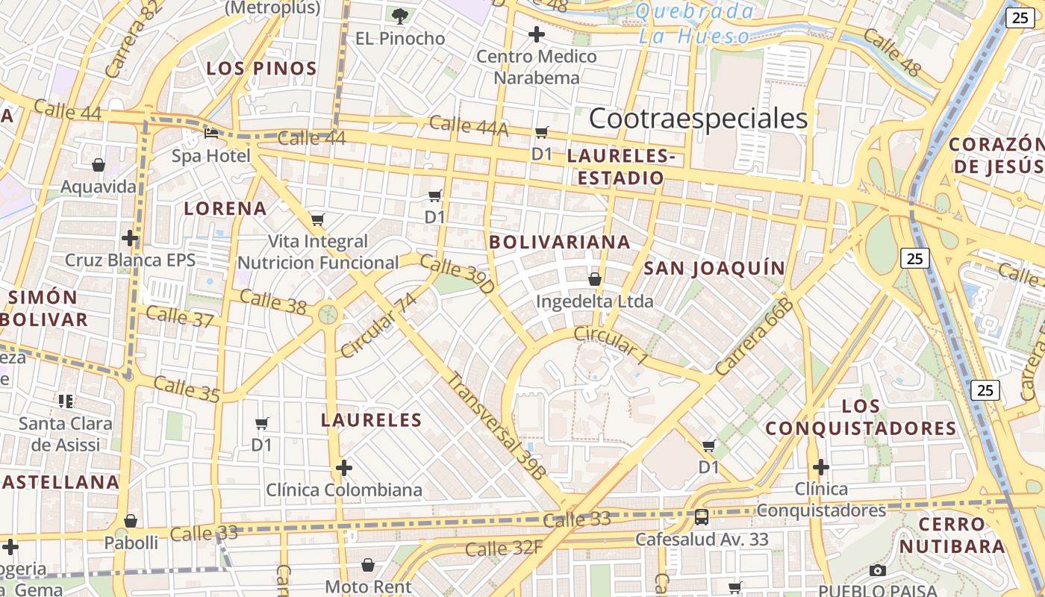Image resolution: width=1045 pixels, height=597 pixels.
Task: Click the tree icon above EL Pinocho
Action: (400, 16)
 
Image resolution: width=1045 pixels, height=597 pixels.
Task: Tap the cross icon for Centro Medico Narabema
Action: (536, 34)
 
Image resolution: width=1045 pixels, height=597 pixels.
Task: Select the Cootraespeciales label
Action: (698, 119)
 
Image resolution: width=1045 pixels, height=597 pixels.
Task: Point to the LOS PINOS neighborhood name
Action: (261, 69)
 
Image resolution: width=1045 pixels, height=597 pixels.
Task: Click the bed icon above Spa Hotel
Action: (211, 134)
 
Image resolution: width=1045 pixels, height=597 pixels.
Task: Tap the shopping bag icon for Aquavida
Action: (98, 165)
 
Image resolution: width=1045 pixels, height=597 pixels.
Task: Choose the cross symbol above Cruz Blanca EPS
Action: (130, 238)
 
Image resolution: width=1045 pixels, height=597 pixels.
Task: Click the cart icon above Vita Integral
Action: (318, 219)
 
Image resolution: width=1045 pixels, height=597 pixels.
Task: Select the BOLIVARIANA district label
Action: (560, 243)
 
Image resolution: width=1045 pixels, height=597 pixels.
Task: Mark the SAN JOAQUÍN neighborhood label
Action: (714, 269)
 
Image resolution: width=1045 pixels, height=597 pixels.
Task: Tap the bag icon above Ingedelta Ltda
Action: (594, 279)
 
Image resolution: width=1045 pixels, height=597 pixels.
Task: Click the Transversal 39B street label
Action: (496, 425)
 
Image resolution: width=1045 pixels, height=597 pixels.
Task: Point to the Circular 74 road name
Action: (378, 325)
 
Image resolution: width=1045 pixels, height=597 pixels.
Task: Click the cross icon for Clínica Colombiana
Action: (343, 468)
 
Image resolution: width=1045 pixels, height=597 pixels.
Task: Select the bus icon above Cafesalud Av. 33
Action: (702, 517)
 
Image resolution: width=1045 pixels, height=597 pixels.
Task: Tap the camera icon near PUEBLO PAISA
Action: (878, 571)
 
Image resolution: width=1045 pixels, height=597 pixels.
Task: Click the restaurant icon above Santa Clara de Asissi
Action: (66, 401)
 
